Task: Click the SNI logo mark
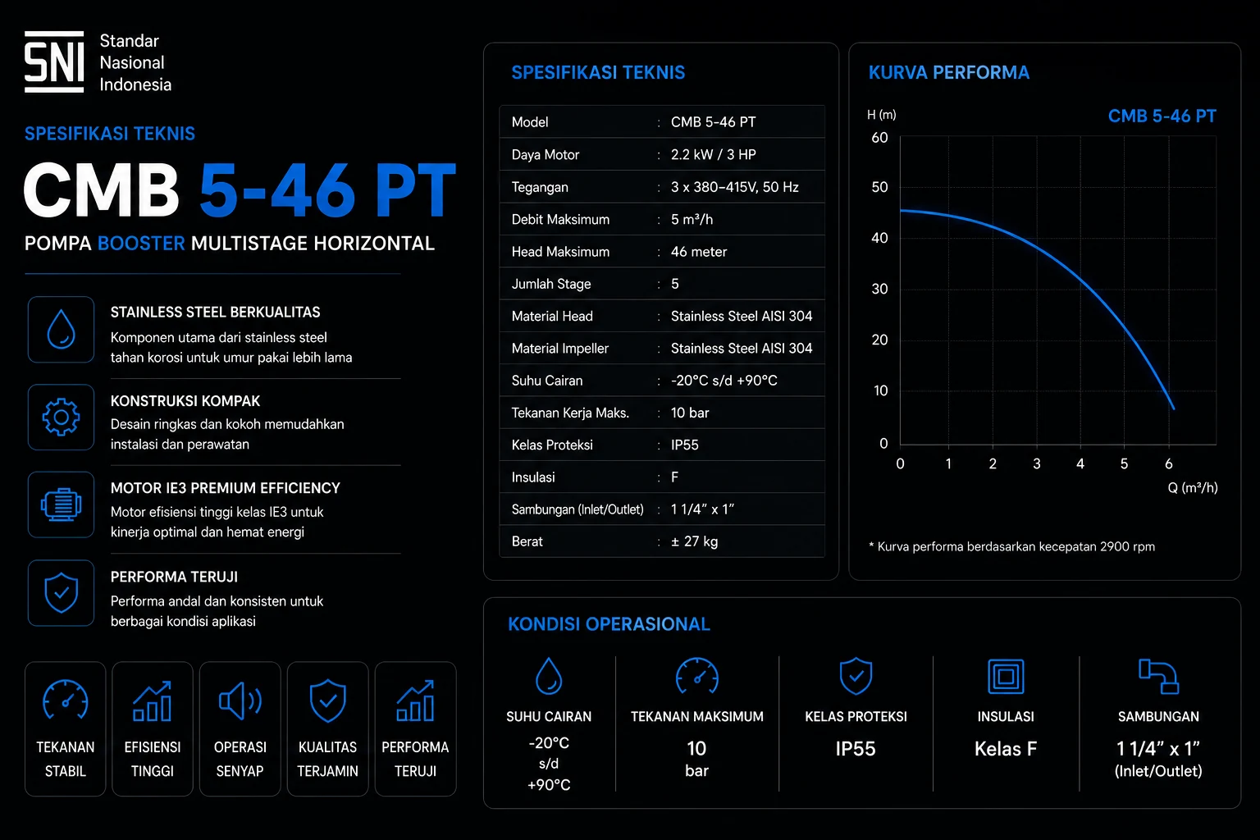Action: tap(54, 62)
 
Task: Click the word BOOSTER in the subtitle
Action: tap(141, 244)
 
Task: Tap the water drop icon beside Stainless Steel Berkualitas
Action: tap(61, 329)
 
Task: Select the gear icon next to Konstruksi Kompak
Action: tap(61, 417)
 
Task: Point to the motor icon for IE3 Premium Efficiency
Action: tap(61, 504)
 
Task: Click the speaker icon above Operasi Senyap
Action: tap(240, 701)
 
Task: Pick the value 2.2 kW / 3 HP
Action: tap(713, 155)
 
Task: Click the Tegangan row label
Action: tap(540, 187)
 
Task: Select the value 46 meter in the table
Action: tap(699, 252)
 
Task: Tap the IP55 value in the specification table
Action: tap(685, 445)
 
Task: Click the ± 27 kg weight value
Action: tap(694, 541)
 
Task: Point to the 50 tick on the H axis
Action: tap(879, 187)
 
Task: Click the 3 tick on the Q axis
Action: tap(1037, 463)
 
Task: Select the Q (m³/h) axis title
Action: tap(1193, 488)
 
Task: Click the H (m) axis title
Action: tap(882, 115)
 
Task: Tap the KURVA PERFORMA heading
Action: tap(949, 72)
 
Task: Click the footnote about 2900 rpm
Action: tap(1012, 547)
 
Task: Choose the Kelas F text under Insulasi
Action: tap(1006, 749)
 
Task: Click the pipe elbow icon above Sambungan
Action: tap(1159, 676)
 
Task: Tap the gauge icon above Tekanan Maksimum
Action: tap(697, 675)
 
